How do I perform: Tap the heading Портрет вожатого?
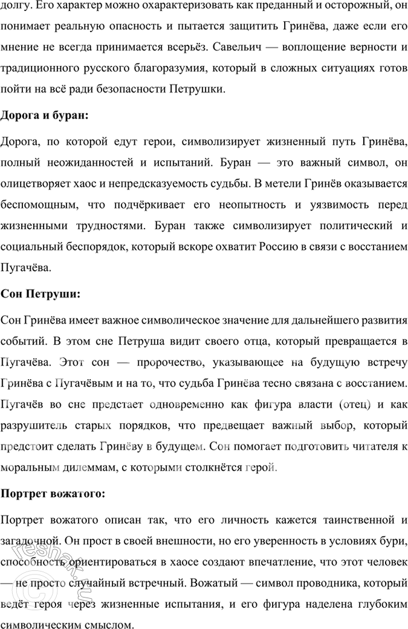(54, 493)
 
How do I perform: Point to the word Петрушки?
(200, 89)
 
